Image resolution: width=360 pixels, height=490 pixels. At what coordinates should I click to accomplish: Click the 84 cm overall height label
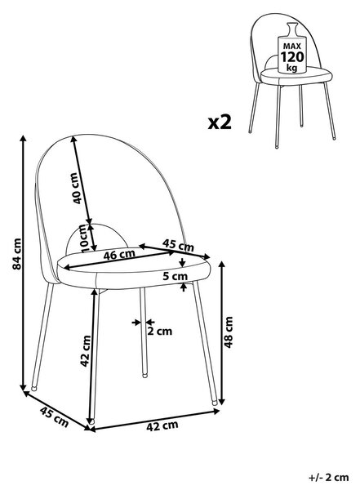point(17,254)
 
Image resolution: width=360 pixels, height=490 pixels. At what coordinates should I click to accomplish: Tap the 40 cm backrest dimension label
point(77,188)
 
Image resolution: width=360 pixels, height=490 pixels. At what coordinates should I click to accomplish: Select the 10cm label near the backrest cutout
point(84,238)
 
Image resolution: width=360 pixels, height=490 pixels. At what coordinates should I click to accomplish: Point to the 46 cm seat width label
point(119,255)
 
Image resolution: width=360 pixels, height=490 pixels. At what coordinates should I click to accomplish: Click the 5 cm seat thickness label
point(176,276)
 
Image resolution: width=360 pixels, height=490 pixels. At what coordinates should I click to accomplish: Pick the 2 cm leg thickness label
point(159,331)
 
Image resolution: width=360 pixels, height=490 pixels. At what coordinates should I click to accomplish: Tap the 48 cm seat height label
point(229,332)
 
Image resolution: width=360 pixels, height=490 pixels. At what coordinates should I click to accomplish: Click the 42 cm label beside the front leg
point(86,351)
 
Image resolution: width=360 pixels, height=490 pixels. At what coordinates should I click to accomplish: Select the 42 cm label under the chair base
point(162,426)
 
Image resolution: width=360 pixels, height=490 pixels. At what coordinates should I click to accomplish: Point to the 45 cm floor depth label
point(54,416)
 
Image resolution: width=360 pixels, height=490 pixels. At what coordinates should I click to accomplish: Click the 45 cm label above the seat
point(178,245)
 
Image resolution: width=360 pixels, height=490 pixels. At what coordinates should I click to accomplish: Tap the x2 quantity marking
point(220,122)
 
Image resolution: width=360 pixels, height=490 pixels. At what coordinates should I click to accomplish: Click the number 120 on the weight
point(292,57)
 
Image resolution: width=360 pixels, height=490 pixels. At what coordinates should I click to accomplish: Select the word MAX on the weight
point(292,47)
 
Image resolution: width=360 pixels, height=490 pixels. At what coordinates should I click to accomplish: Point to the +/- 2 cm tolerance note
point(328,478)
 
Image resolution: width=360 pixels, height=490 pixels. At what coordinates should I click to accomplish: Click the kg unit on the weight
point(292,68)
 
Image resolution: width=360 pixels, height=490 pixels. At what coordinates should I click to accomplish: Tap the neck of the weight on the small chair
point(292,30)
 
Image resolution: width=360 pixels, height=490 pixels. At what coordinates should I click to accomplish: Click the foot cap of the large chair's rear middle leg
point(144,375)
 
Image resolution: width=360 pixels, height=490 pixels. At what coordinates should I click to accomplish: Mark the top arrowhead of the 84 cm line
point(23,138)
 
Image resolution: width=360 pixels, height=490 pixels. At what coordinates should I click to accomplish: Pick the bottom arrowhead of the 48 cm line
point(221,401)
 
